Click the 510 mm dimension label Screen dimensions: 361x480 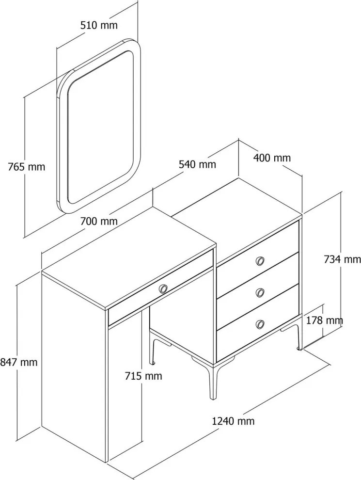click(99, 25)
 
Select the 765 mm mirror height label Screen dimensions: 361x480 click(26, 167)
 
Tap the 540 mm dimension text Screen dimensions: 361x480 click(197, 164)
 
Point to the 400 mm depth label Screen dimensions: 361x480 click(272, 158)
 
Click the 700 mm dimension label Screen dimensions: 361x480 click(99, 221)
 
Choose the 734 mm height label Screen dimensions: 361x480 click(342, 259)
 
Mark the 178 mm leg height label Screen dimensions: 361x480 click(324, 320)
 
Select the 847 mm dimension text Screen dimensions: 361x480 click(19, 363)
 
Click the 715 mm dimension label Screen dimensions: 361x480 click(143, 376)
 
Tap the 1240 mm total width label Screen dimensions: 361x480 click(233, 421)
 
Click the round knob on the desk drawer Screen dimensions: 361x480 click(163, 288)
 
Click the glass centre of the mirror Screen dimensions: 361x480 click(100, 127)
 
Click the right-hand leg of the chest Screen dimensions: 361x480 click(298, 337)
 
